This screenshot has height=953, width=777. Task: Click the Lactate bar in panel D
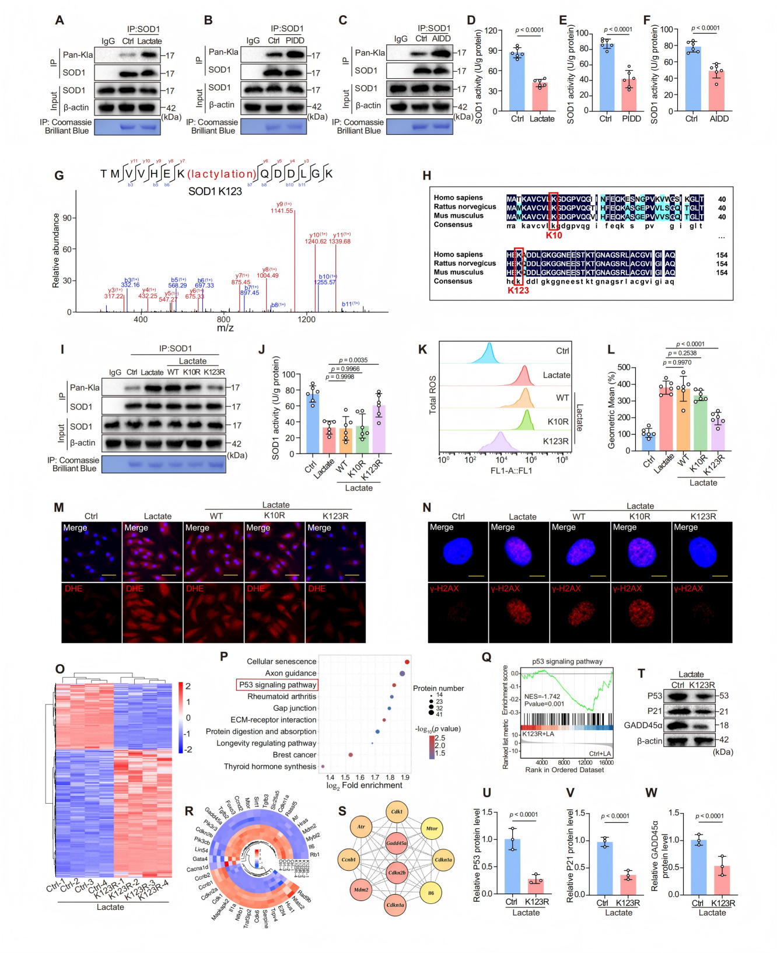(540, 97)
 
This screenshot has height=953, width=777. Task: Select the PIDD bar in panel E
(629, 96)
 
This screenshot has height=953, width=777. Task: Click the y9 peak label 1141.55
(282, 211)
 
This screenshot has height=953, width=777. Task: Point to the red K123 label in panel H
(518, 291)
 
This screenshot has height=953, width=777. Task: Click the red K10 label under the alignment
(554, 235)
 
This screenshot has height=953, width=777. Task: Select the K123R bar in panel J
(379, 430)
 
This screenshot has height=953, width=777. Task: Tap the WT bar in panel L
(682, 420)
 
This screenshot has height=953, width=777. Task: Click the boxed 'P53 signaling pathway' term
(277, 685)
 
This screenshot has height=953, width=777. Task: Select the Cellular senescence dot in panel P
(407, 661)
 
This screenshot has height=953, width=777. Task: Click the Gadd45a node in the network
(396, 843)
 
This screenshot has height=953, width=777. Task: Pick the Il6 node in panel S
(430, 893)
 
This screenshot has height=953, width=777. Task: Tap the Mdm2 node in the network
(361, 890)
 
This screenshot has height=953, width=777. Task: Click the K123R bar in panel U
(535, 886)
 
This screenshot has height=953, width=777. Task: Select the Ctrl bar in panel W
(698, 867)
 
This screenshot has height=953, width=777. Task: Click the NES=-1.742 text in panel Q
(542, 697)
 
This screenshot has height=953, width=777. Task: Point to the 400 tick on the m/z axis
(141, 319)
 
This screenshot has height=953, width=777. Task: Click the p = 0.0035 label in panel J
(353, 360)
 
